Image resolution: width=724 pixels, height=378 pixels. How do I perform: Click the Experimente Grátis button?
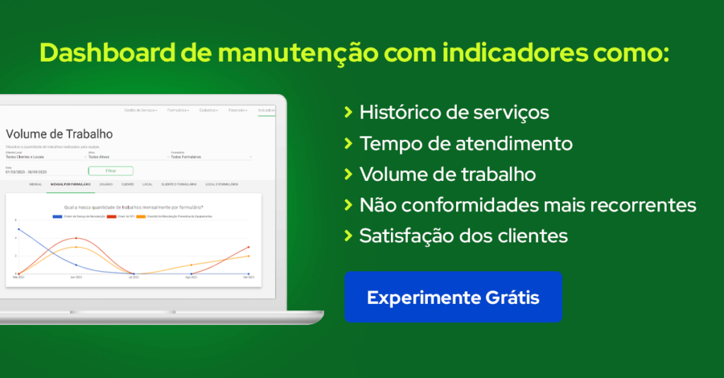tap(452, 297)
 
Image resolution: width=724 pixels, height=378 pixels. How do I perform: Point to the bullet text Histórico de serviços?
tap(454, 112)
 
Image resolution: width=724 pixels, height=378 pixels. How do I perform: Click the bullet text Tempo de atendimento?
tap(466, 143)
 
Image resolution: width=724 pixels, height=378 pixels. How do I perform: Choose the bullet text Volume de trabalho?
tap(448, 174)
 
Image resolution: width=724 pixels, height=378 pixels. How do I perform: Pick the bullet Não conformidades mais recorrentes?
tap(527, 205)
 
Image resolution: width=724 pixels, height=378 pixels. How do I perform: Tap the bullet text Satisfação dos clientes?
tap(464, 235)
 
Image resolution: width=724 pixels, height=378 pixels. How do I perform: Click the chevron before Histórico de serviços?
tap(348, 112)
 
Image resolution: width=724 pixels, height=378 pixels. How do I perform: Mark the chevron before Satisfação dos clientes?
tap(348, 235)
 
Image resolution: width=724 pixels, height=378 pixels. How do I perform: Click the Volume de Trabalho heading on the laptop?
tap(59, 134)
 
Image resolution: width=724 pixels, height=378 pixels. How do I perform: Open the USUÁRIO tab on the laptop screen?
tap(106, 184)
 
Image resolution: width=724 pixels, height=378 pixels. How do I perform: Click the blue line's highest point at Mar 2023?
tap(19, 229)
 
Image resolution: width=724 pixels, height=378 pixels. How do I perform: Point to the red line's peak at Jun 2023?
tap(76, 238)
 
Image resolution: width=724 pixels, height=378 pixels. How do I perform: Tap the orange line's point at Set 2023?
tap(249, 256)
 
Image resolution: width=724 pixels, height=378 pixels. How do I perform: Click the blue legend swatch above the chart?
tap(57, 215)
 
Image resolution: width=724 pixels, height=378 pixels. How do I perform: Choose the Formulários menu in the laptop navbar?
tap(177, 110)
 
